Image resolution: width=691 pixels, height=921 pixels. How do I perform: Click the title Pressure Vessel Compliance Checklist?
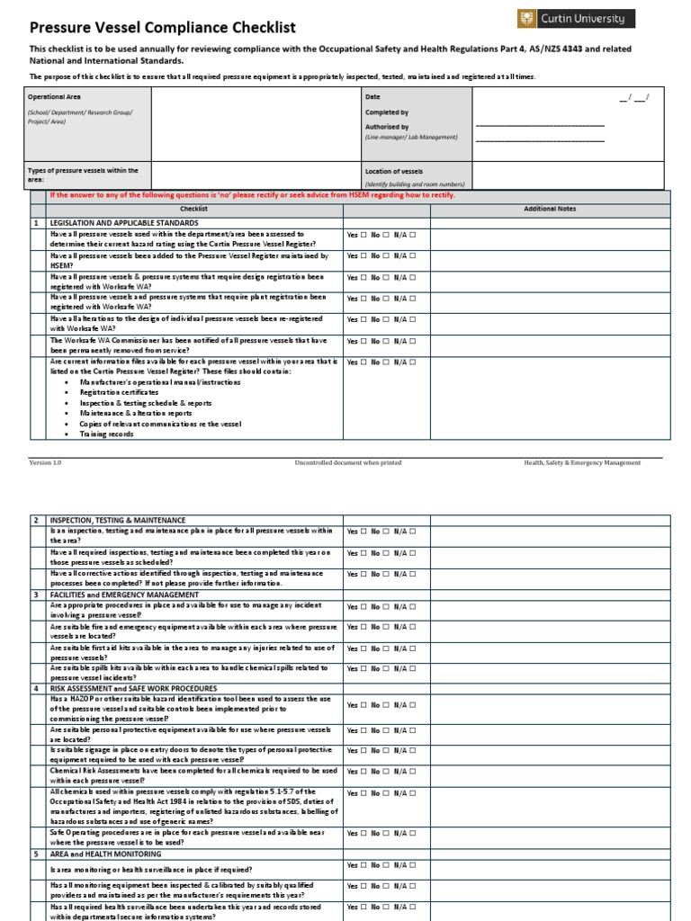pyautogui.click(x=163, y=28)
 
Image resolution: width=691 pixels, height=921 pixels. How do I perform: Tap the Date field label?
pyautogui.click(x=372, y=95)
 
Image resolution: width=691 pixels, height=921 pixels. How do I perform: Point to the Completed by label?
pyautogui.click(x=386, y=112)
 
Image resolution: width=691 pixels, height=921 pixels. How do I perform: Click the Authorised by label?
pyautogui.click(x=386, y=128)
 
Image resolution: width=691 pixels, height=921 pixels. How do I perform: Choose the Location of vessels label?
pyautogui.click(x=393, y=171)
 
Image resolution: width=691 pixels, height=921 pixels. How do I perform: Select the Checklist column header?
pyautogui.click(x=193, y=209)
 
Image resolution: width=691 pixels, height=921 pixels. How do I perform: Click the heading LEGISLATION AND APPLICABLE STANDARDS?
pyautogui.click(x=124, y=222)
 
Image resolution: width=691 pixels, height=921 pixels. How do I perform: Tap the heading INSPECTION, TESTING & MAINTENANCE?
pyautogui.click(x=118, y=520)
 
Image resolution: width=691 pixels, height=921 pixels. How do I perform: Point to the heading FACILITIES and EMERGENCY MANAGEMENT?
pyautogui.click(x=124, y=595)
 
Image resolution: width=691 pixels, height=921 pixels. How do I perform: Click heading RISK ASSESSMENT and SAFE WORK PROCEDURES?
pyautogui.click(x=133, y=688)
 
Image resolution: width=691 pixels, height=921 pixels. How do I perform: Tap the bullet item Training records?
pyautogui.click(x=106, y=434)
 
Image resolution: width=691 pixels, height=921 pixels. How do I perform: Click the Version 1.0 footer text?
pyautogui.click(x=45, y=462)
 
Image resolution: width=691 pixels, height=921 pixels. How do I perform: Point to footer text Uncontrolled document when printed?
pyautogui.click(x=347, y=462)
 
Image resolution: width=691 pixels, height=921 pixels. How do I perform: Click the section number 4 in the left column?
pyautogui.click(x=37, y=688)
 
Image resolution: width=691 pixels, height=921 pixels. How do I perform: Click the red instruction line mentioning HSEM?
pyautogui.click(x=252, y=195)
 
